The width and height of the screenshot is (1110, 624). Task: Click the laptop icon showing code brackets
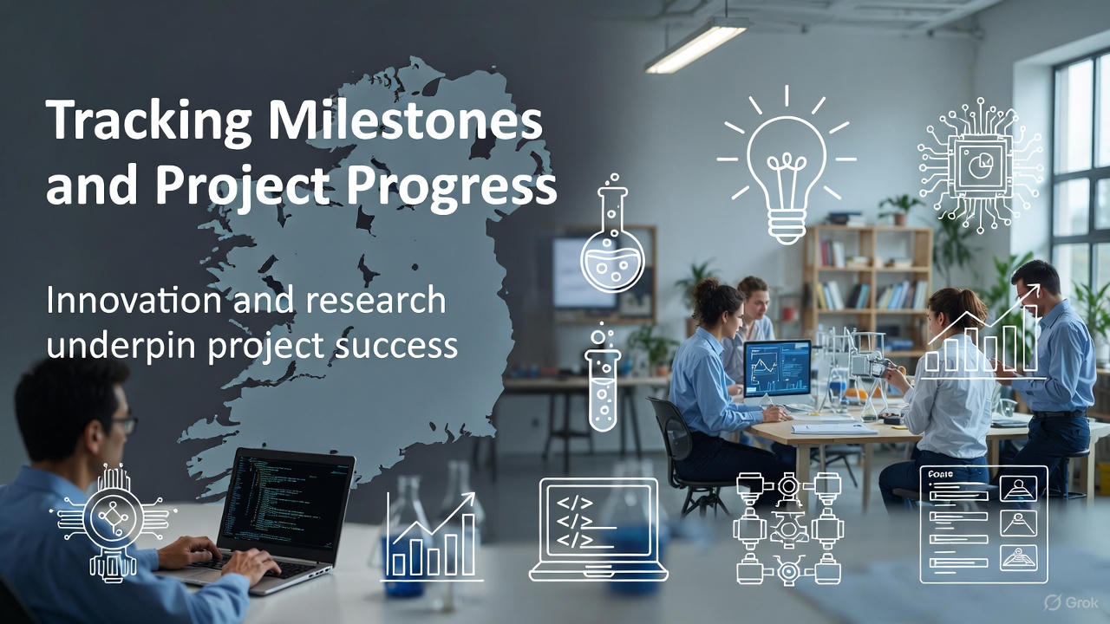tap(598, 529)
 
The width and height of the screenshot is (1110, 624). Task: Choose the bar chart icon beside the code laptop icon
tap(432, 537)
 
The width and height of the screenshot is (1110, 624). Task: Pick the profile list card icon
tap(983, 524)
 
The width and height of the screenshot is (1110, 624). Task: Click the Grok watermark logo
tap(1073, 602)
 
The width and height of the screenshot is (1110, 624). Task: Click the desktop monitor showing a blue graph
tap(777, 368)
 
